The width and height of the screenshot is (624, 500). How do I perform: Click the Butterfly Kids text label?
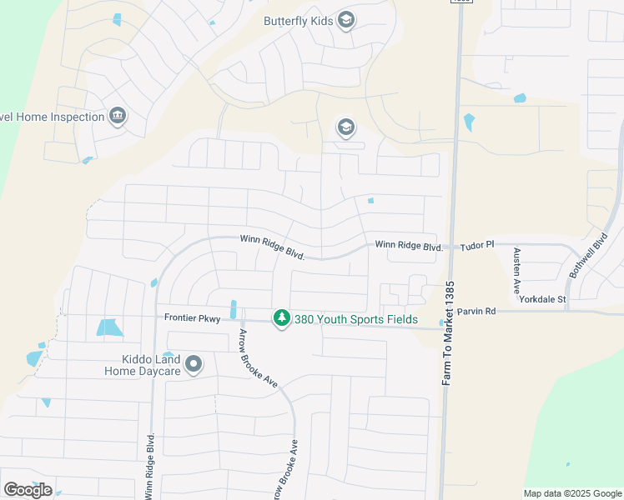(298, 21)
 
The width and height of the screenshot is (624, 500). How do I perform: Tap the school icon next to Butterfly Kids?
(346, 21)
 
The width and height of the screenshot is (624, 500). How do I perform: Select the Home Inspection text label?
(52, 117)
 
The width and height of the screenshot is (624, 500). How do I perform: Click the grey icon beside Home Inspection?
(118, 116)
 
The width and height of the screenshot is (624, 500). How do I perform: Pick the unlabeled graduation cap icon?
(345, 128)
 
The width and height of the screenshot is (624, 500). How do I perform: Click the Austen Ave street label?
(517, 268)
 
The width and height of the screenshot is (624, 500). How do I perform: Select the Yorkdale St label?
(543, 299)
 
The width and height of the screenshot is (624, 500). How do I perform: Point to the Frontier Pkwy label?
(191, 317)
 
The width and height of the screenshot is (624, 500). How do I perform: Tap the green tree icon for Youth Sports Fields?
(282, 318)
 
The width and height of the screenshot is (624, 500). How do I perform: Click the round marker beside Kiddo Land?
(194, 364)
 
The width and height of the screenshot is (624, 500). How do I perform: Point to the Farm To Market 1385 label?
(449, 333)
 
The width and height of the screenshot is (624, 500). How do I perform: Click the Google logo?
(28, 490)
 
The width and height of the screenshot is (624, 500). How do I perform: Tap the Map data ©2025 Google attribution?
(572, 493)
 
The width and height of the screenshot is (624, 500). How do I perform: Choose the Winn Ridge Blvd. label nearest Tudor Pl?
(408, 246)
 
